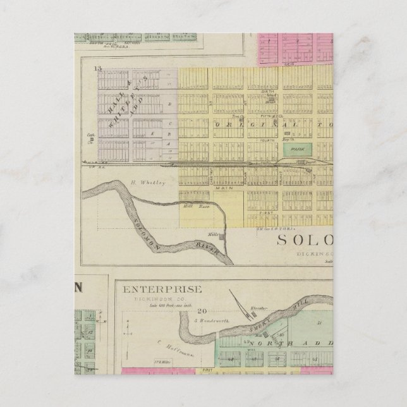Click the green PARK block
click(295, 149)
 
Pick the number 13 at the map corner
click(97, 66)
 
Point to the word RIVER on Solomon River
click(209, 249)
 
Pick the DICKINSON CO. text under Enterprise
click(162, 299)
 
